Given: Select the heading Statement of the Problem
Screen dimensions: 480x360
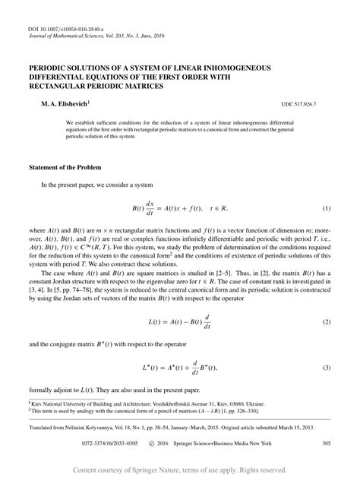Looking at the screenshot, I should pos(62,166).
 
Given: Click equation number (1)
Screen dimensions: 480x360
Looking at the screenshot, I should pos(327,207).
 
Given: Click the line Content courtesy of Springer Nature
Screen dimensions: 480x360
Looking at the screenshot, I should pos(179,471).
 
